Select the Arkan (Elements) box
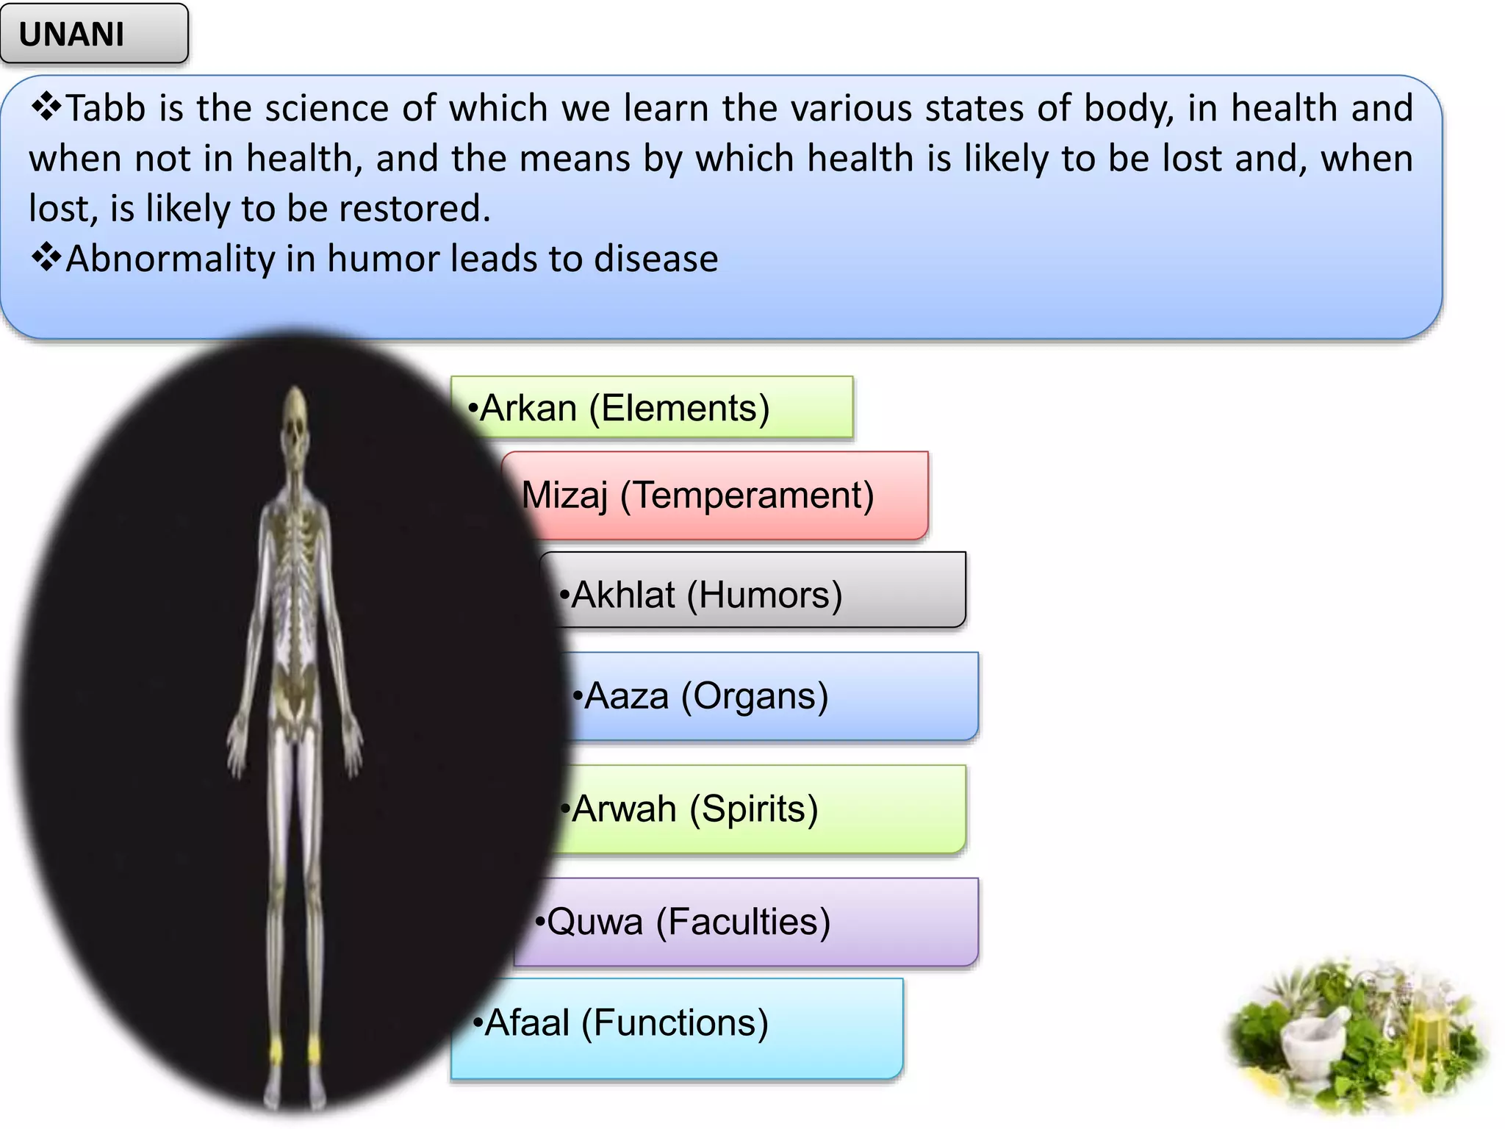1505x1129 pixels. click(x=651, y=408)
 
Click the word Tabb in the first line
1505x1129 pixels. click(x=106, y=109)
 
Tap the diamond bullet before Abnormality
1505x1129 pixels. click(x=46, y=258)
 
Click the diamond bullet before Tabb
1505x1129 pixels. click(x=46, y=107)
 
